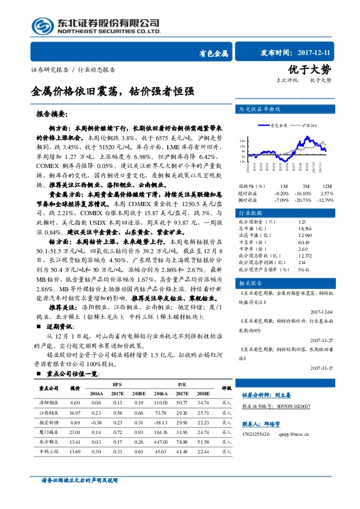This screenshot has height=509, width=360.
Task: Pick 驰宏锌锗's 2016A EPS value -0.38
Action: pyautogui.click(x=96, y=422)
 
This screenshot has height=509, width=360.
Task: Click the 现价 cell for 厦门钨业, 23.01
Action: pyautogui.click(x=76, y=432)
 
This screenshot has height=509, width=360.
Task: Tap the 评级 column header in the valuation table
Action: pyautogui.click(x=226, y=388)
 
